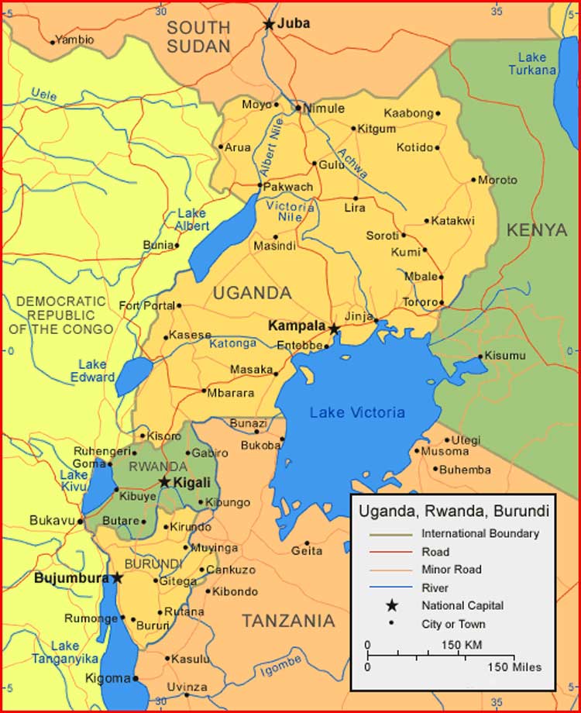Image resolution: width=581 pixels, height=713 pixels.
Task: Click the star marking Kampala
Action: tap(334, 329)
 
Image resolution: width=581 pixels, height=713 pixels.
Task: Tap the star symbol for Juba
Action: tap(269, 25)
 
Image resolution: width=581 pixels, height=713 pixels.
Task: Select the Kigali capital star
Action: tap(164, 482)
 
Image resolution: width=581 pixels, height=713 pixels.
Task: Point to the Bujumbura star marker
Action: tap(117, 578)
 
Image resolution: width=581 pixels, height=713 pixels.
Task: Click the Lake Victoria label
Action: tap(357, 413)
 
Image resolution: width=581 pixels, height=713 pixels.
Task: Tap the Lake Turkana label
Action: tap(532, 64)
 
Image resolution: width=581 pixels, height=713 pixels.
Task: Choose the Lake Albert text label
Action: tap(192, 219)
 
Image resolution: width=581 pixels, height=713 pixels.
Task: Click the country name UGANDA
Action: tap(253, 293)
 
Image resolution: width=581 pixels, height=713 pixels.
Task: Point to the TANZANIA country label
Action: tap(288, 621)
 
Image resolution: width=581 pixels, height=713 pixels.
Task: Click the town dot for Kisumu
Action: tap(480, 356)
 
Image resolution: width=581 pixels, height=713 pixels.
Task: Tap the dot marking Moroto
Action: tap(473, 181)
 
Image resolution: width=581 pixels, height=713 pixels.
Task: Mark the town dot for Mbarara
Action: tap(203, 391)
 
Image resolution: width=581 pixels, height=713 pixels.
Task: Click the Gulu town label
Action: tap(332, 164)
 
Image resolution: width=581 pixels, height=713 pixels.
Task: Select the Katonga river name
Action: tap(232, 343)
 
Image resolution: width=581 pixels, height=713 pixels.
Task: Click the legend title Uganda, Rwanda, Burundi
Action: tap(453, 511)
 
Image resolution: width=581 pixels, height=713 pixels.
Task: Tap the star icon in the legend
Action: tap(392, 605)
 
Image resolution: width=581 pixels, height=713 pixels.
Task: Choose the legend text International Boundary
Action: tap(480, 533)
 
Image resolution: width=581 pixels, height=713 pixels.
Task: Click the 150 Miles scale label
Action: tap(515, 666)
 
